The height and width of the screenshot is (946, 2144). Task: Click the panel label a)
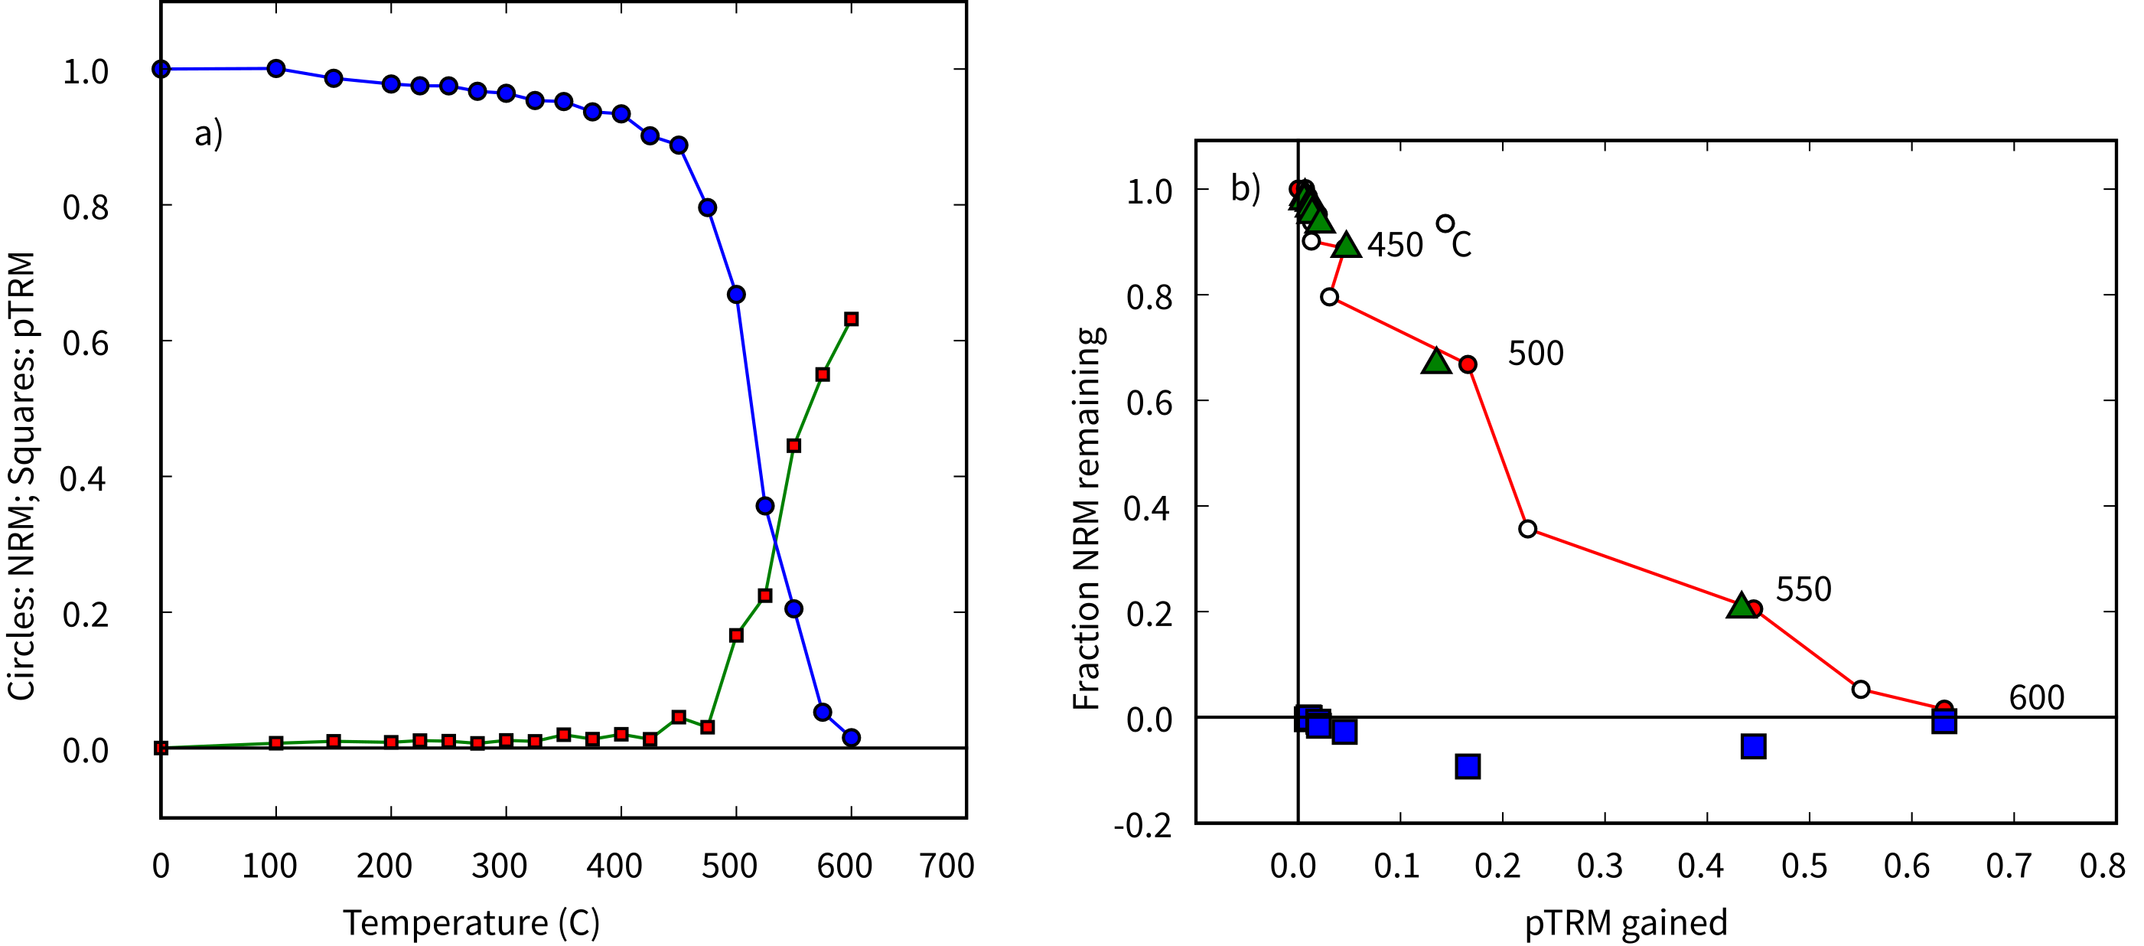[x=208, y=133]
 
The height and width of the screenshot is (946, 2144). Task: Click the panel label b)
[x=1245, y=188]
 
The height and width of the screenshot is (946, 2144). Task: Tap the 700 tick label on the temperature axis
[x=947, y=866]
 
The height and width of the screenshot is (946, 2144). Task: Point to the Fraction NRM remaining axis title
[x=1088, y=518]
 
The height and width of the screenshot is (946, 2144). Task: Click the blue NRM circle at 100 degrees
[x=276, y=68]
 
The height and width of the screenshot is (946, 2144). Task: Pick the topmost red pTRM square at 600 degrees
[x=851, y=319]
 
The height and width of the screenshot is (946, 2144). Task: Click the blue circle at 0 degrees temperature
[x=161, y=68]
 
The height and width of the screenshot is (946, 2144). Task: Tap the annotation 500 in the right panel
[x=1536, y=354]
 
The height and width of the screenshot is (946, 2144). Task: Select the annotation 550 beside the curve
[x=1804, y=589]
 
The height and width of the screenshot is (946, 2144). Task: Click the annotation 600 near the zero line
[x=2036, y=698]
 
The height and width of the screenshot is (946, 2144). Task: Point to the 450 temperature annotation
[x=1396, y=245]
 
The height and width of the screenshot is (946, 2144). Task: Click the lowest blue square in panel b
[x=1468, y=766]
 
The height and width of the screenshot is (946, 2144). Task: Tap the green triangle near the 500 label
[x=1436, y=360]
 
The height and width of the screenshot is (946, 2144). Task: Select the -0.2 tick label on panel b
[x=1142, y=825]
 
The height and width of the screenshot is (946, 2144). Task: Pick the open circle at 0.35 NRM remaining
[x=1527, y=529]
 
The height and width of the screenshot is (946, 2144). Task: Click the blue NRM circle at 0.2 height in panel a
[x=793, y=608]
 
